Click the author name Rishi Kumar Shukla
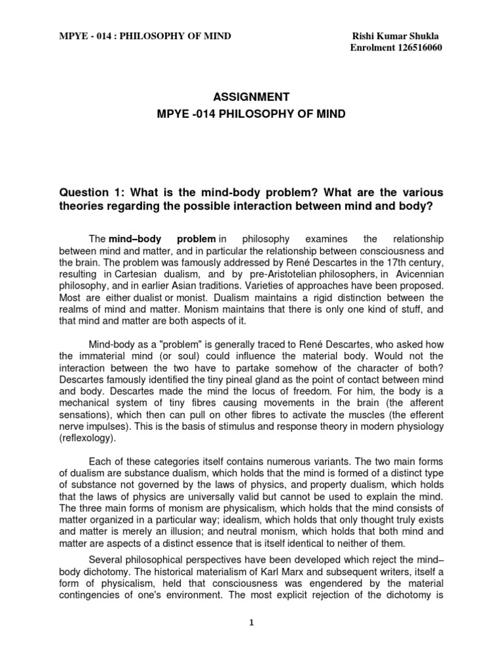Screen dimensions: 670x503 tap(391, 36)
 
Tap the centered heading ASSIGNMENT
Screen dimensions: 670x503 tap(251, 97)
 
